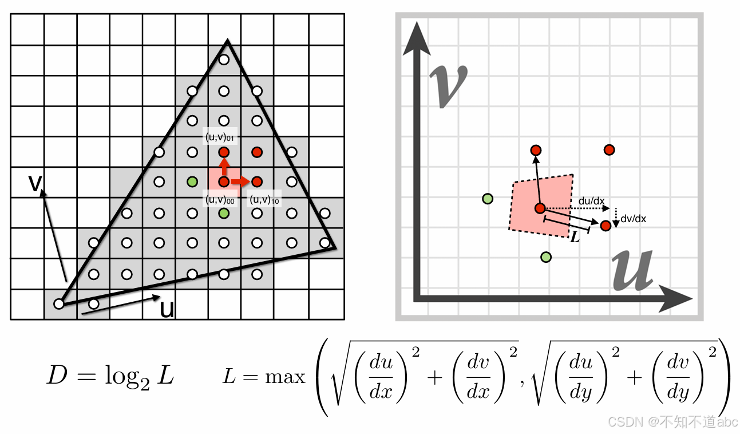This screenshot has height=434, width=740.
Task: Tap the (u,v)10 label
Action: (263, 199)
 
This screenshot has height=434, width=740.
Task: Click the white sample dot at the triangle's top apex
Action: (224, 60)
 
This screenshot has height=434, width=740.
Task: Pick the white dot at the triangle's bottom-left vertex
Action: (58, 303)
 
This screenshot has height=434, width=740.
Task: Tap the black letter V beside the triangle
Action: (36, 183)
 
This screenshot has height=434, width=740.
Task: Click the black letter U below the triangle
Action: (167, 310)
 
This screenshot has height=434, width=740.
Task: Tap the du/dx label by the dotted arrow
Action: (591, 202)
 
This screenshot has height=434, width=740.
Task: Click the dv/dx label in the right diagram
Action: (634, 219)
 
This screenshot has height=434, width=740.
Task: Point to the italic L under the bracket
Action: (575, 237)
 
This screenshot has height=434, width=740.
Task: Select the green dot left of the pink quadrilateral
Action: (488, 199)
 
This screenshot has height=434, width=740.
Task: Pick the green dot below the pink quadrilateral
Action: (546, 257)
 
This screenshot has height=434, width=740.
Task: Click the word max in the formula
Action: (285, 377)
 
